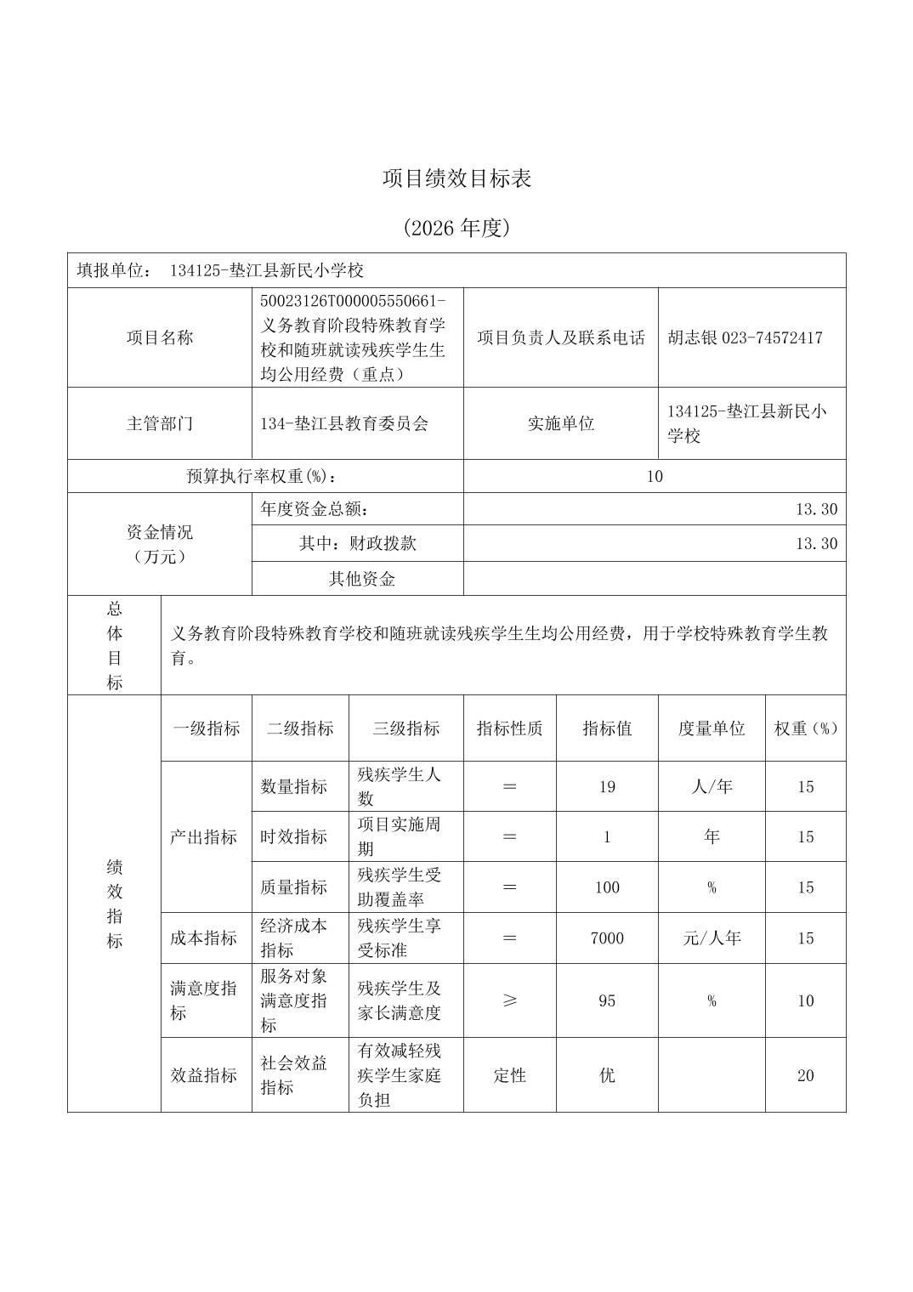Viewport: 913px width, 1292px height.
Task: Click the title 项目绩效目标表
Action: pyautogui.click(x=456, y=178)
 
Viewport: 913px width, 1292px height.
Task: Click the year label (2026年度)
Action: pyautogui.click(x=456, y=228)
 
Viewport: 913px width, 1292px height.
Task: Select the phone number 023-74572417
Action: pyautogui.click(x=772, y=337)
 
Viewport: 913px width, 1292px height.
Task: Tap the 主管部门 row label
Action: pyautogui.click(x=160, y=423)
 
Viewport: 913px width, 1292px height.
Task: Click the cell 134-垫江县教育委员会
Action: pyautogui.click(x=344, y=423)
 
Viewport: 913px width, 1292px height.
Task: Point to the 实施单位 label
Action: pyautogui.click(x=560, y=423)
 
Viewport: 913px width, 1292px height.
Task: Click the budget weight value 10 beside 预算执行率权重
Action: pyautogui.click(x=654, y=476)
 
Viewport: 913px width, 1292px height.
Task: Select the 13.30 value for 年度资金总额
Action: pyautogui.click(x=816, y=509)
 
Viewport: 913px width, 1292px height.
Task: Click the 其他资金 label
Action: pyautogui.click(x=361, y=579)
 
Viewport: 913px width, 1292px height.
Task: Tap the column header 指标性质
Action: pyautogui.click(x=509, y=728)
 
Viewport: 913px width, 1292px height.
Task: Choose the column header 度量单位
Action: pyautogui.click(x=712, y=728)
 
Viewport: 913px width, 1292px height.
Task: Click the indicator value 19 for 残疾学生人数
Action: pyautogui.click(x=606, y=786)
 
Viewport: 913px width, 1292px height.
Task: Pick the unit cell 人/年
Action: pyautogui.click(x=712, y=786)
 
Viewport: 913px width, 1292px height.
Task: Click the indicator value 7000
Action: pyautogui.click(x=606, y=938)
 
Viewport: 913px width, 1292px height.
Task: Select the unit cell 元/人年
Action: pyautogui.click(x=712, y=938)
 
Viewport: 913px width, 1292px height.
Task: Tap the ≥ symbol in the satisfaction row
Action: pyautogui.click(x=509, y=1000)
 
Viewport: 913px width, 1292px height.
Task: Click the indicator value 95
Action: pyautogui.click(x=606, y=1000)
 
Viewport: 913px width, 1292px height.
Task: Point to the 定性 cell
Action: pyautogui.click(x=509, y=1075)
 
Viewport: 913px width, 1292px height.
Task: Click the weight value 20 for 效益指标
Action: pyautogui.click(x=805, y=1075)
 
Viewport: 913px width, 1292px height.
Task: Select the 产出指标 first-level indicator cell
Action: pyautogui.click(x=204, y=836)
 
